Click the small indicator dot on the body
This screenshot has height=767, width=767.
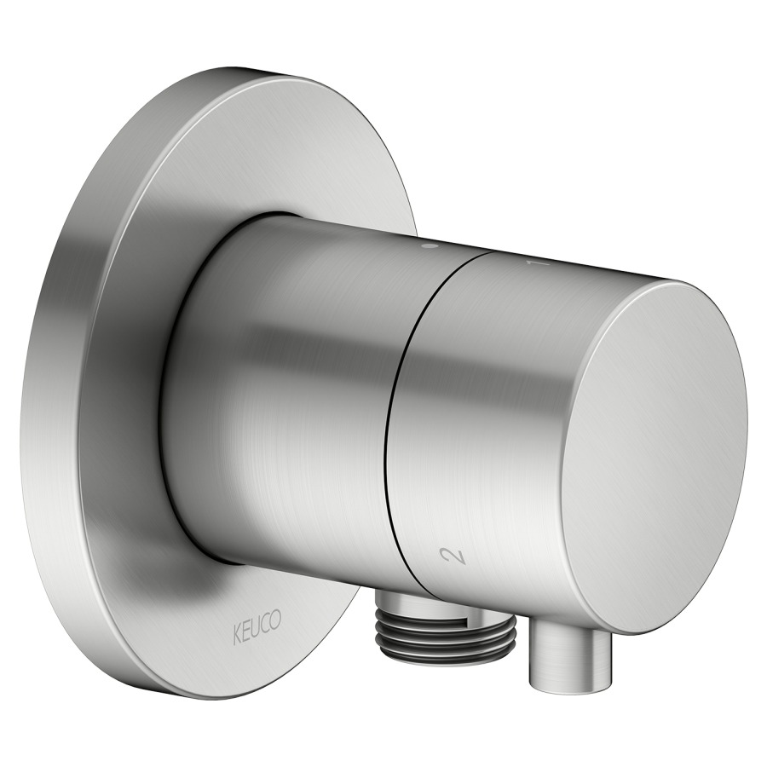click(x=431, y=245)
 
